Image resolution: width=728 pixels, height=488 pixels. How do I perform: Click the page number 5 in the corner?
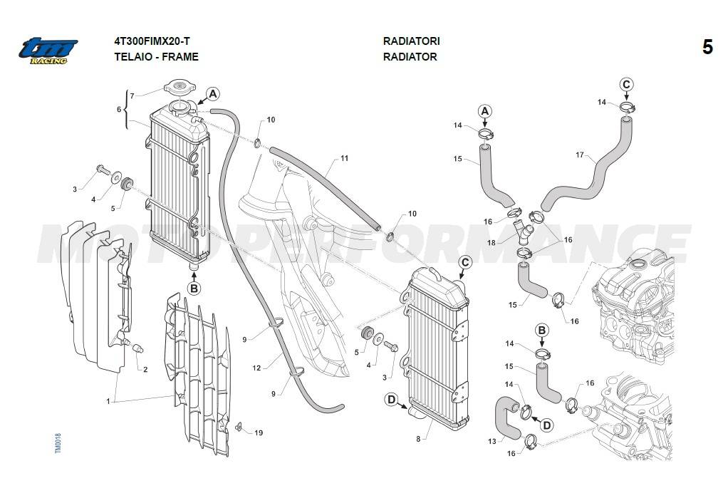click(x=707, y=48)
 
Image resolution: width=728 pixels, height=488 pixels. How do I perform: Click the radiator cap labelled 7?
click(x=179, y=89)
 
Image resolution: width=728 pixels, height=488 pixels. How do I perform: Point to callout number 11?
click(x=344, y=158)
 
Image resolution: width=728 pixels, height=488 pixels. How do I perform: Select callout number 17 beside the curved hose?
click(x=579, y=155)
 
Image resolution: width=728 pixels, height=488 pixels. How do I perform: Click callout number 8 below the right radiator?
click(x=418, y=439)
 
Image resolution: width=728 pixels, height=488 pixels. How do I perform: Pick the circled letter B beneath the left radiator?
click(x=194, y=288)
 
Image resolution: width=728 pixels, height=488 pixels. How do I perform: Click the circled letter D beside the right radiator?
click(x=391, y=400)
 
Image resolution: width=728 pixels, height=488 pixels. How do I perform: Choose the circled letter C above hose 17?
click(x=626, y=85)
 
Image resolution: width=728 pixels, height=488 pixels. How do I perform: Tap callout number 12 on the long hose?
click(x=256, y=368)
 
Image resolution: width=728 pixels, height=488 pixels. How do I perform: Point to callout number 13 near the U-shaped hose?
click(x=492, y=442)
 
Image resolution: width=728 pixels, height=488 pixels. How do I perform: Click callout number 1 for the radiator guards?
click(x=108, y=402)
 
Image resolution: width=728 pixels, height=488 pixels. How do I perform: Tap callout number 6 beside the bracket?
click(x=119, y=109)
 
